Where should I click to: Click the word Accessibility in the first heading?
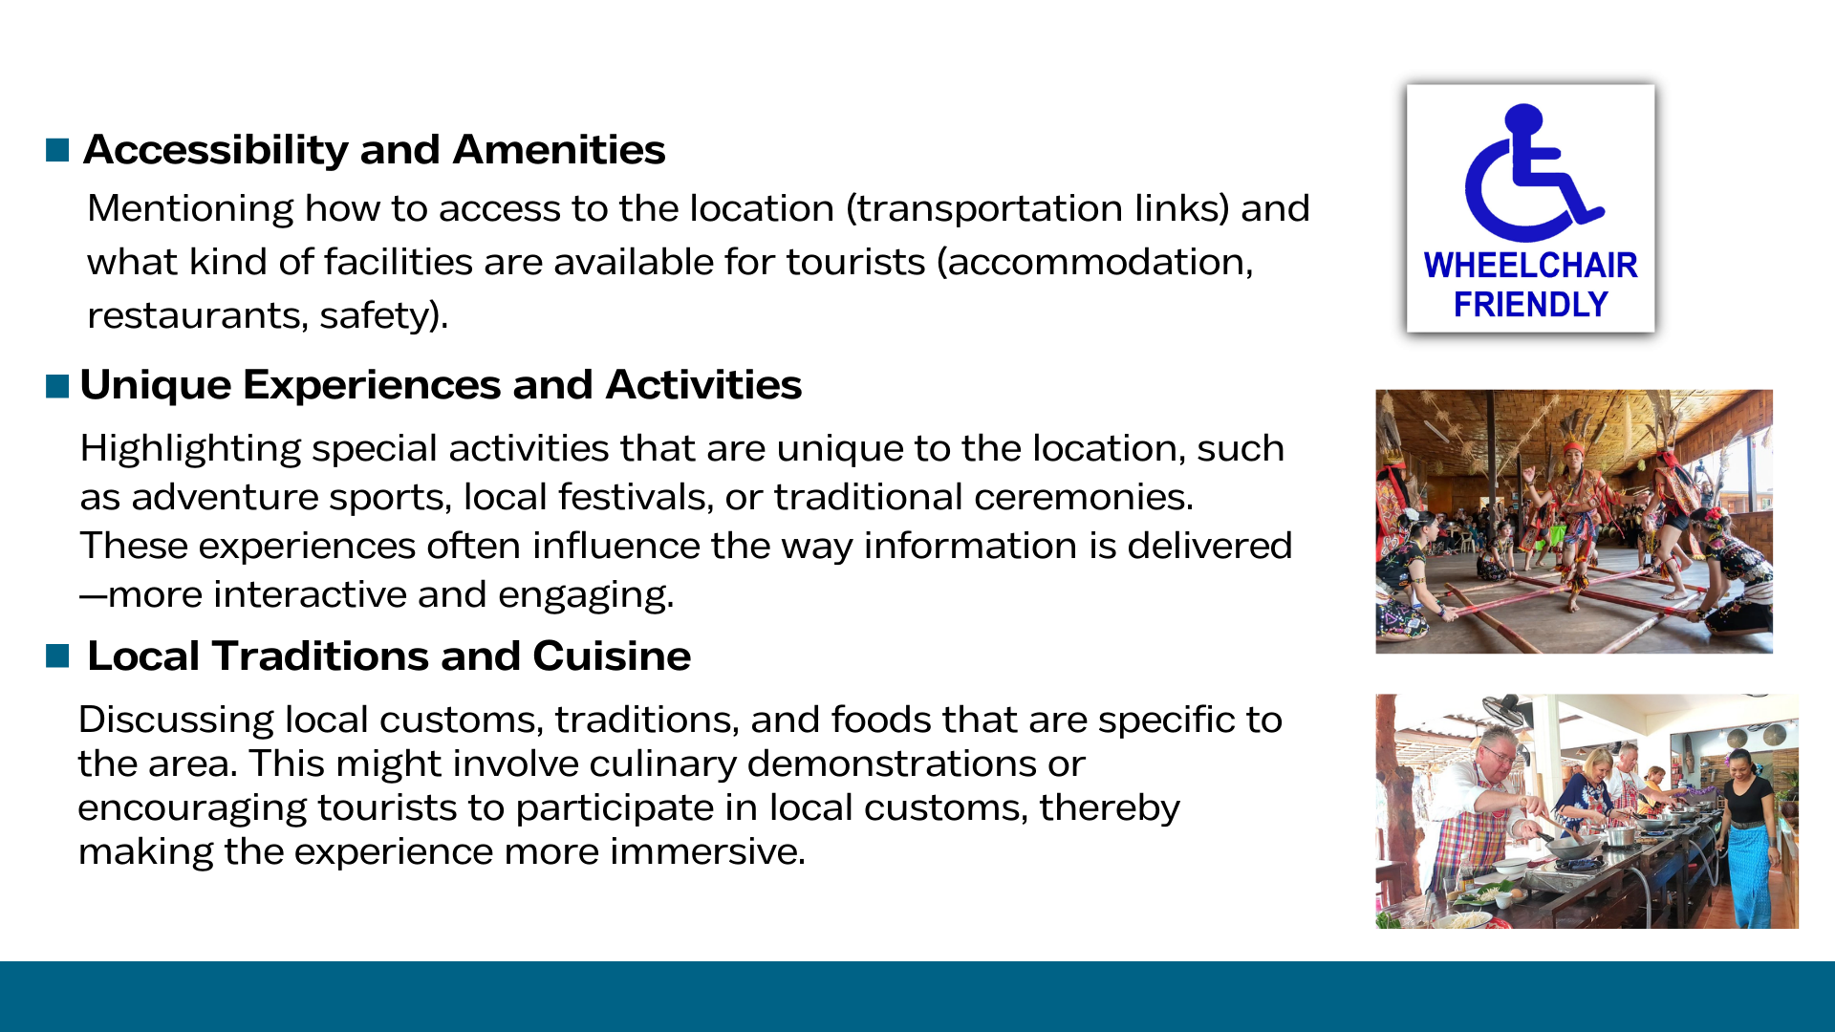tap(216, 151)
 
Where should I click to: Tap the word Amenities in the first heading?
tap(559, 150)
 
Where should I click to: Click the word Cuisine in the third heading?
tap(612, 656)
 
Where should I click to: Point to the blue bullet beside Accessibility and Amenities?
tap(57, 150)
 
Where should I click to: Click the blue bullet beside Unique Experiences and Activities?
tap(57, 385)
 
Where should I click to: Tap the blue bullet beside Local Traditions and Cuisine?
tap(57, 656)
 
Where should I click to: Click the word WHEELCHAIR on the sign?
tap(1530, 265)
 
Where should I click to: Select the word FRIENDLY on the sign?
tap(1530, 305)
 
